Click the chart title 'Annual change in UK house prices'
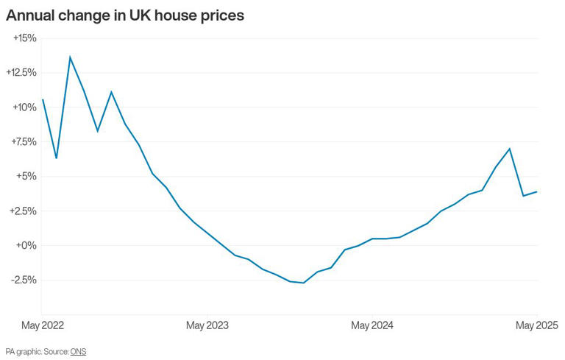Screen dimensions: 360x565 point(125,15)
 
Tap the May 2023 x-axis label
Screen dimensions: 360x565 point(207,325)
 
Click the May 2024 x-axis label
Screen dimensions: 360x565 point(372,325)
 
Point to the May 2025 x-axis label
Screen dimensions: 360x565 point(537,325)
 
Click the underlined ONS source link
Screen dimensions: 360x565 point(78,352)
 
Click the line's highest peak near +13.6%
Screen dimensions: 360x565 point(70,57)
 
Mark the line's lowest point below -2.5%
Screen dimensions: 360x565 point(304,283)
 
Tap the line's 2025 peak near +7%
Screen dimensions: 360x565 point(510,149)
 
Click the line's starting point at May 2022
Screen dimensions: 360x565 point(43,99)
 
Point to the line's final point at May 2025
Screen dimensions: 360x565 point(537,191)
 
